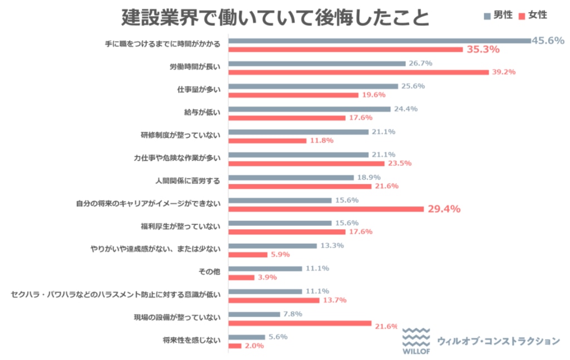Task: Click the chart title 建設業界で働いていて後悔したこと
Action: (276, 18)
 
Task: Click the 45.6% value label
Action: (548, 40)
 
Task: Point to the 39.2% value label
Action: (504, 72)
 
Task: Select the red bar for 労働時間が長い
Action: (358, 72)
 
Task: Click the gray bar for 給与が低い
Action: (309, 109)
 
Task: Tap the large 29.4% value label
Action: (444, 209)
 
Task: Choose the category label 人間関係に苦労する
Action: (188, 181)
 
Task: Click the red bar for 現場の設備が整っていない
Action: (299, 323)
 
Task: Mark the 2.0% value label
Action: (254, 346)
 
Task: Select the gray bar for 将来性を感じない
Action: (247, 337)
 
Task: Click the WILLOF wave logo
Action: (416, 340)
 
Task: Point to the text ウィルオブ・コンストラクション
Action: (498, 341)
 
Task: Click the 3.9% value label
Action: (267, 277)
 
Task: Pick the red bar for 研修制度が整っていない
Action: (267, 141)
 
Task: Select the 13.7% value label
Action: (335, 300)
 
